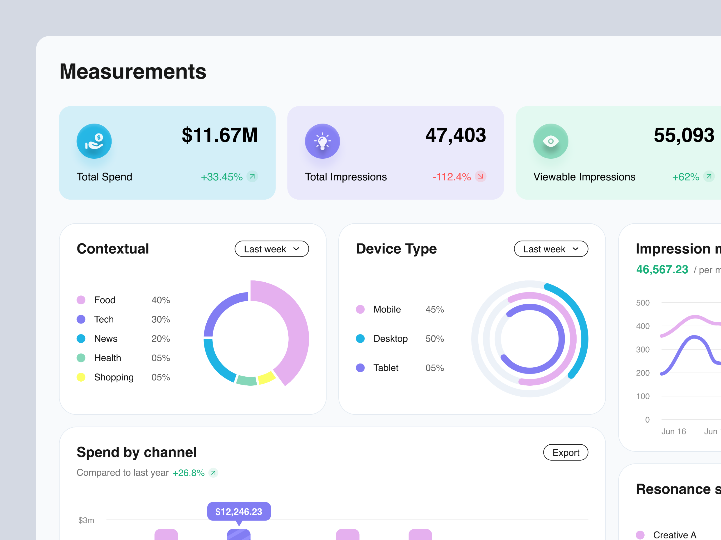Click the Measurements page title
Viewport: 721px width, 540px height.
coord(133,72)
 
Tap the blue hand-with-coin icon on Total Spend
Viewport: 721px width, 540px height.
coord(94,141)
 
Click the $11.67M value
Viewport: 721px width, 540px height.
coord(220,135)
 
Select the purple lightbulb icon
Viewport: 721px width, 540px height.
coord(322,141)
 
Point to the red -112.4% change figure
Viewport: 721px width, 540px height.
coord(452,177)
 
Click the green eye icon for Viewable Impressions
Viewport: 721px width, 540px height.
coord(550,141)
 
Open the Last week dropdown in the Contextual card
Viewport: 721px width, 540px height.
coord(272,249)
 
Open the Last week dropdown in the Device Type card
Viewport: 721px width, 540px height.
coord(551,249)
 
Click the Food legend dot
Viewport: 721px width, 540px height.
coord(81,300)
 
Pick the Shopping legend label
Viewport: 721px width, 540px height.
coord(114,377)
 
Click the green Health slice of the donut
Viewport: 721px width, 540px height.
coord(247,380)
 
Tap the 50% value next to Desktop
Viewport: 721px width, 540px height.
coord(434,339)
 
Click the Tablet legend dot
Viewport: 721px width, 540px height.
coord(360,368)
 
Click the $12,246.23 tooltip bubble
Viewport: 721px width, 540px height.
coord(239,511)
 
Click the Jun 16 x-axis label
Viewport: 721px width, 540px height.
coord(673,431)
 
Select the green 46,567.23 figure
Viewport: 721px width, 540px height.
coord(662,270)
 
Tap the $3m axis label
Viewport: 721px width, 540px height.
coord(86,520)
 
